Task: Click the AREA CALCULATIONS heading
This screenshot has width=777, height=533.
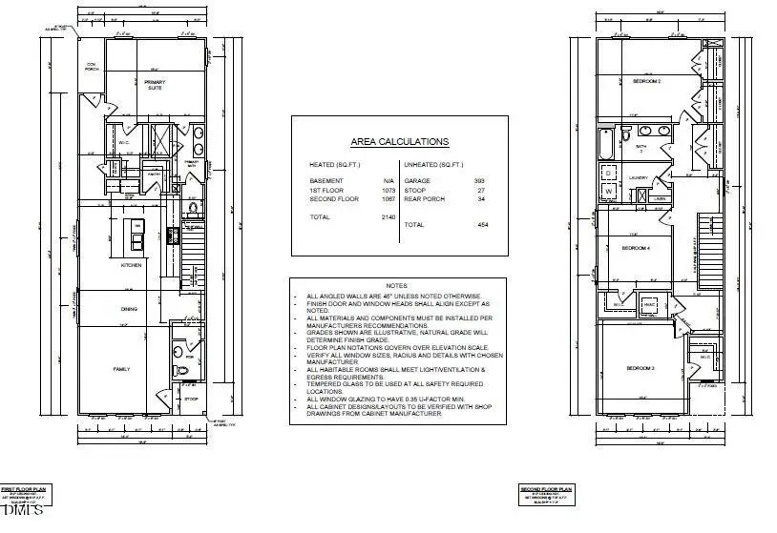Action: pyautogui.click(x=399, y=141)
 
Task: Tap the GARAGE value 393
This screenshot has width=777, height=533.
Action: pyautogui.click(x=479, y=180)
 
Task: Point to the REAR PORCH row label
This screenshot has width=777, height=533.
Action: pyautogui.click(x=423, y=199)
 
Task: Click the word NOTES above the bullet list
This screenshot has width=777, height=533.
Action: pyautogui.click(x=396, y=286)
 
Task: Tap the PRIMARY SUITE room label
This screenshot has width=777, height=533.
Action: pyautogui.click(x=155, y=85)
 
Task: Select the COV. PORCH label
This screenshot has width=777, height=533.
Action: pyautogui.click(x=93, y=65)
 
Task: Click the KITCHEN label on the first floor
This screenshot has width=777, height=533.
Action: pyautogui.click(x=131, y=265)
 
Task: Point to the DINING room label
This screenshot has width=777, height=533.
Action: pyautogui.click(x=128, y=309)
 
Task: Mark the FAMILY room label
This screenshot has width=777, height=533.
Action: pyautogui.click(x=122, y=368)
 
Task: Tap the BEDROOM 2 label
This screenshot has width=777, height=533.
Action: pyautogui.click(x=647, y=82)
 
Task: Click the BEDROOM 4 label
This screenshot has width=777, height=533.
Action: pyautogui.click(x=636, y=248)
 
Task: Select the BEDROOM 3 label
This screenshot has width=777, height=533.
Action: pyautogui.click(x=640, y=367)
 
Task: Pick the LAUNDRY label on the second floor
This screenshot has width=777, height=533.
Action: pyautogui.click(x=640, y=177)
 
